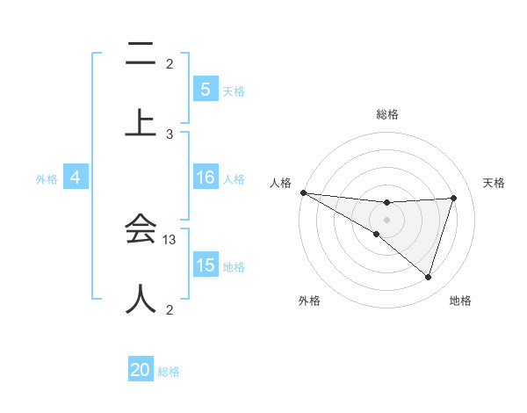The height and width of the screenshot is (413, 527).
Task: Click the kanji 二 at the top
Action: click(141, 55)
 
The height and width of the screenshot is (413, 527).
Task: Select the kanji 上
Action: click(141, 122)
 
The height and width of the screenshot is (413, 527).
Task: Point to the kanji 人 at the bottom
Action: click(141, 298)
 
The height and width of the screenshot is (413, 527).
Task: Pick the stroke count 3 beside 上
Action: click(170, 134)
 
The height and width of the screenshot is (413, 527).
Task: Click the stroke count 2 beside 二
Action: click(170, 64)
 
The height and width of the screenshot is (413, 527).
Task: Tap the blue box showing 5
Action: click(205, 89)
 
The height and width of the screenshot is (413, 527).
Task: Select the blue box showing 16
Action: click(205, 178)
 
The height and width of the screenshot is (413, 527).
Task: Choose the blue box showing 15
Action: click(205, 265)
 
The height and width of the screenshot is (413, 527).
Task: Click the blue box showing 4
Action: click(76, 178)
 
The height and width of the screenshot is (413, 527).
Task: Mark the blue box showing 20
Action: click(141, 370)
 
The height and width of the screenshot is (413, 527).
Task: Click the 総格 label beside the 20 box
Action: click(169, 372)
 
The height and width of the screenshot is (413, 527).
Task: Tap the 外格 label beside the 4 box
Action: click(47, 179)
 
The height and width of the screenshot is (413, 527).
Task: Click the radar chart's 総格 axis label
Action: click(387, 114)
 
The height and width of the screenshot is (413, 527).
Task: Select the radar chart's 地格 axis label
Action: click(460, 301)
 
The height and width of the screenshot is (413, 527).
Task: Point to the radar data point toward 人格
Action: click(303, 192)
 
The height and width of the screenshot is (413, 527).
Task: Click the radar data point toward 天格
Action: click(454, 198)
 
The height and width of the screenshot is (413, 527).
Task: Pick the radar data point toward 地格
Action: click(429, 277)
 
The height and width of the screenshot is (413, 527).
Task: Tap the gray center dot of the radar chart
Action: click(386, 219)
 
